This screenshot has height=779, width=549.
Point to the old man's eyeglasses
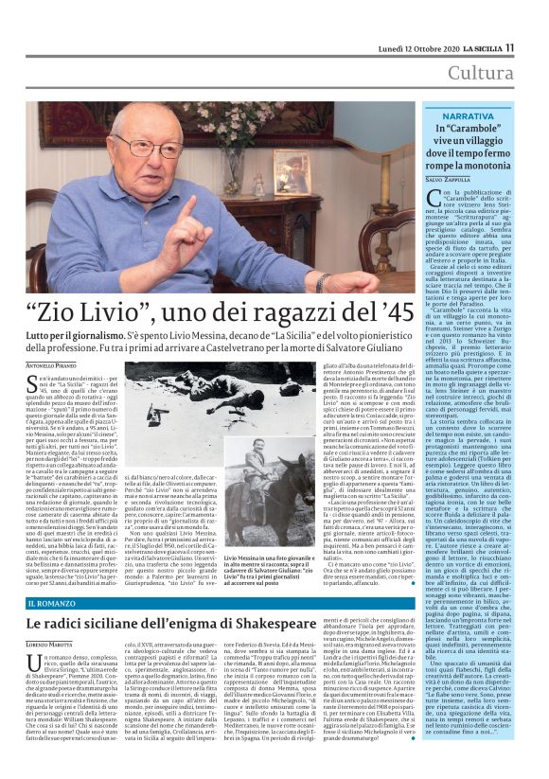[x=151, y=146]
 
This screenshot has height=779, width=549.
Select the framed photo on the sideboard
[x=290, y=173]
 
